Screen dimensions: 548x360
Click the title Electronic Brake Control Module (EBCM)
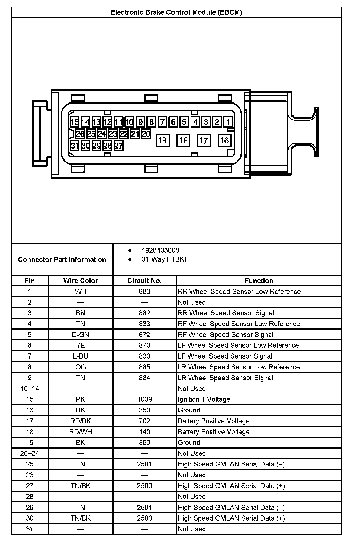tap(176, 12)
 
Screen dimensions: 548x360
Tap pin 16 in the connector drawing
tap(224, 140)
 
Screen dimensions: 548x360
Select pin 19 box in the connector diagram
tap(162, 140)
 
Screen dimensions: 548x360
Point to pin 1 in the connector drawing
tap(228, 122)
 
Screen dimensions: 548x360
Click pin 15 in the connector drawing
tap(75, 122)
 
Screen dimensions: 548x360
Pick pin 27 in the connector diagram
tap(118, 146)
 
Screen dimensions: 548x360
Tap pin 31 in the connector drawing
tap(75, 146)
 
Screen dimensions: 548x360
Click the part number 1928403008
tap(160, 250)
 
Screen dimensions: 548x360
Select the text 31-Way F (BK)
tap(164, 259)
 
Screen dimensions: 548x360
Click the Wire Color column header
tap(81, 281)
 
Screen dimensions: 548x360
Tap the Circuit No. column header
tap(144, 281)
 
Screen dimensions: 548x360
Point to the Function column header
tap(259, 281)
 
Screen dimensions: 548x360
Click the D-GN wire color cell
tap(81, 334)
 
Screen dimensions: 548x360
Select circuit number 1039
tap(144, 399)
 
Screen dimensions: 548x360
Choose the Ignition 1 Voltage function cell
tap(204, 399)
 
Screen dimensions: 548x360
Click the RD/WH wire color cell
tap(81, 432)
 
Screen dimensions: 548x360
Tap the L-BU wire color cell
tap(81, 356)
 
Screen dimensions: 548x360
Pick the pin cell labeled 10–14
tap(30, 389)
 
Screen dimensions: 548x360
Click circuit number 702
tap(144, 421)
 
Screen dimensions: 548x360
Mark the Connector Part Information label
tap(62, 259)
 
